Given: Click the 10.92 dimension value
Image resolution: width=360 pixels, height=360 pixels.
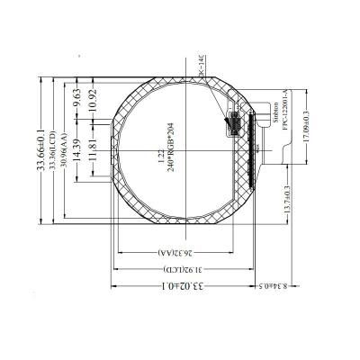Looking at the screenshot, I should [x=90, y=114].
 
